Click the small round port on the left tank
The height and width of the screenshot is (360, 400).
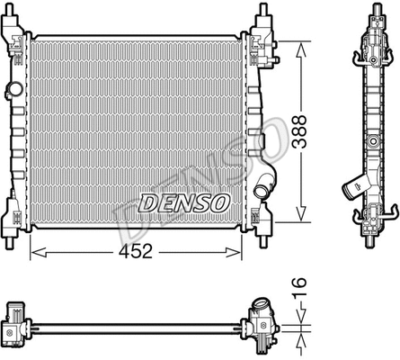pyautogui.click(x=13, y=90)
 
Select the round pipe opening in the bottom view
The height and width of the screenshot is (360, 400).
pyautogui.click(x=262, y=304)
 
